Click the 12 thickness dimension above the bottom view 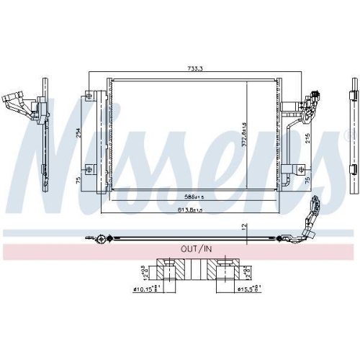pyautogui.click(x=244, y=227)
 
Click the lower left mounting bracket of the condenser pyautogui.click(x=89, y=170)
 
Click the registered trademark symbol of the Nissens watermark pyautogui.click(x=351, y=135)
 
